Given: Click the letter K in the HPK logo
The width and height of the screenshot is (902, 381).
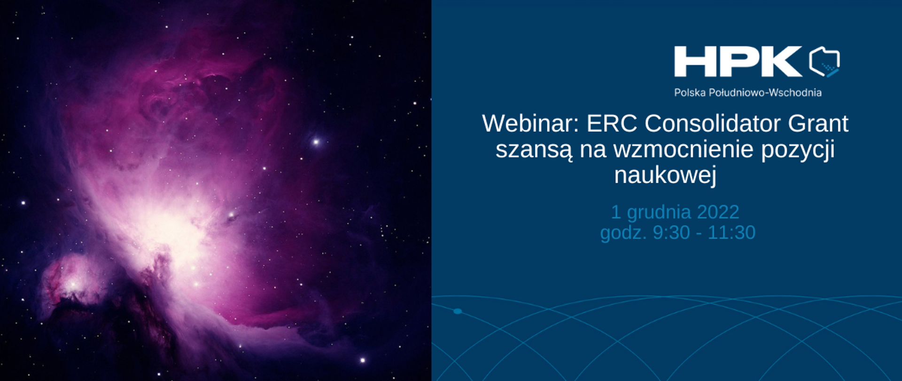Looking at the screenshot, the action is (781, 62).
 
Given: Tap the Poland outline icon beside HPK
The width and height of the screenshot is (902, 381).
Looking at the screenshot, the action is (824, 62).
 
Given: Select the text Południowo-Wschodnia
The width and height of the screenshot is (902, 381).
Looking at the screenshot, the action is (765, 93).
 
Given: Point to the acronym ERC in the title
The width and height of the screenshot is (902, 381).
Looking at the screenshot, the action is (612, 124).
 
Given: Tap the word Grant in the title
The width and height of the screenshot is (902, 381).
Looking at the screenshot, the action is (818, 124).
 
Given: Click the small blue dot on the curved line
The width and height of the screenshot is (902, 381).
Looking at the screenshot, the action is (457, 311).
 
